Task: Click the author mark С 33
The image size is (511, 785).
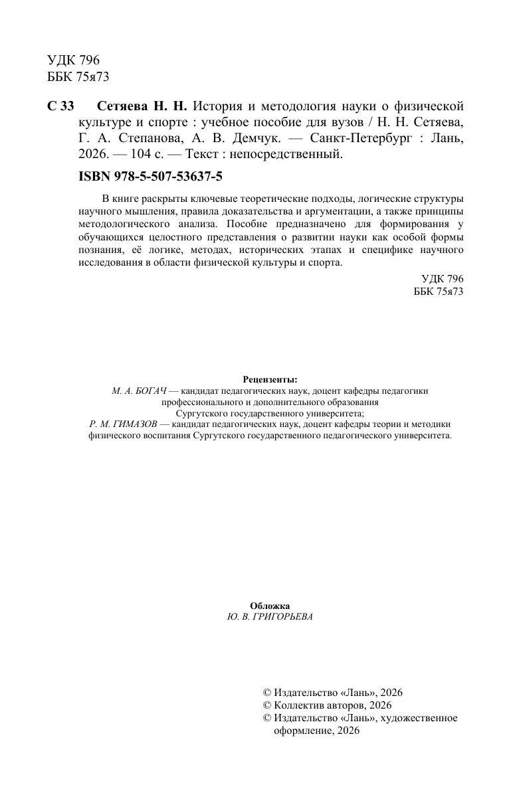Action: (x=61, y=107)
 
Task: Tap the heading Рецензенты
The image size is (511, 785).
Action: (x=270, y=379)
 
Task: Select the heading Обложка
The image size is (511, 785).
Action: (x=270, y=606)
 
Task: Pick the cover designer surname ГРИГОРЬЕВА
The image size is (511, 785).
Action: (x=283, y=617)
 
